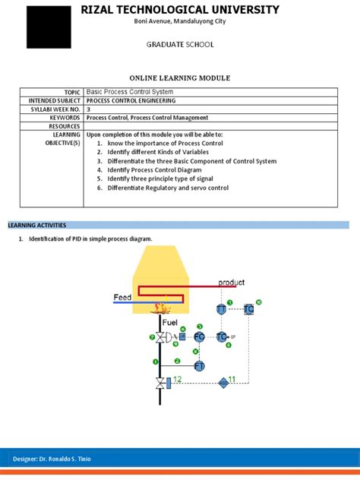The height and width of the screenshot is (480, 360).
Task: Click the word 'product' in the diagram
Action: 231,283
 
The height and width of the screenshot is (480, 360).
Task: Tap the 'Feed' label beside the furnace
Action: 122,298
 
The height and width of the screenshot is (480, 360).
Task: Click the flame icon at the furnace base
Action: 160,308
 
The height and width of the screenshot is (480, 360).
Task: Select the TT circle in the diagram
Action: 220,309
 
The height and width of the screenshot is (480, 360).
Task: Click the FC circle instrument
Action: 199,336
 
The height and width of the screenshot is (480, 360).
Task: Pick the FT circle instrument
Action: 199,366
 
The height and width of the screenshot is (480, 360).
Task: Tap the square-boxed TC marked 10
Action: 248,309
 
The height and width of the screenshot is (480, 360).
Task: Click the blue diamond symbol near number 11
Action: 224,382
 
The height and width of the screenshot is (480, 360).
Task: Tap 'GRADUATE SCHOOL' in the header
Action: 180,45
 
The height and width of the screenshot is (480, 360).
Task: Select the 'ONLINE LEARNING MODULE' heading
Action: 179,78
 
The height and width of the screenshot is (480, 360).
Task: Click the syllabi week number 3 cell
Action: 89,109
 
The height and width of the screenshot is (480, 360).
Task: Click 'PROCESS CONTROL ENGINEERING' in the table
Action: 131,100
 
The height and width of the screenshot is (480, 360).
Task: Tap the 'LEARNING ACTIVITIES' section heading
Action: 37,226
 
